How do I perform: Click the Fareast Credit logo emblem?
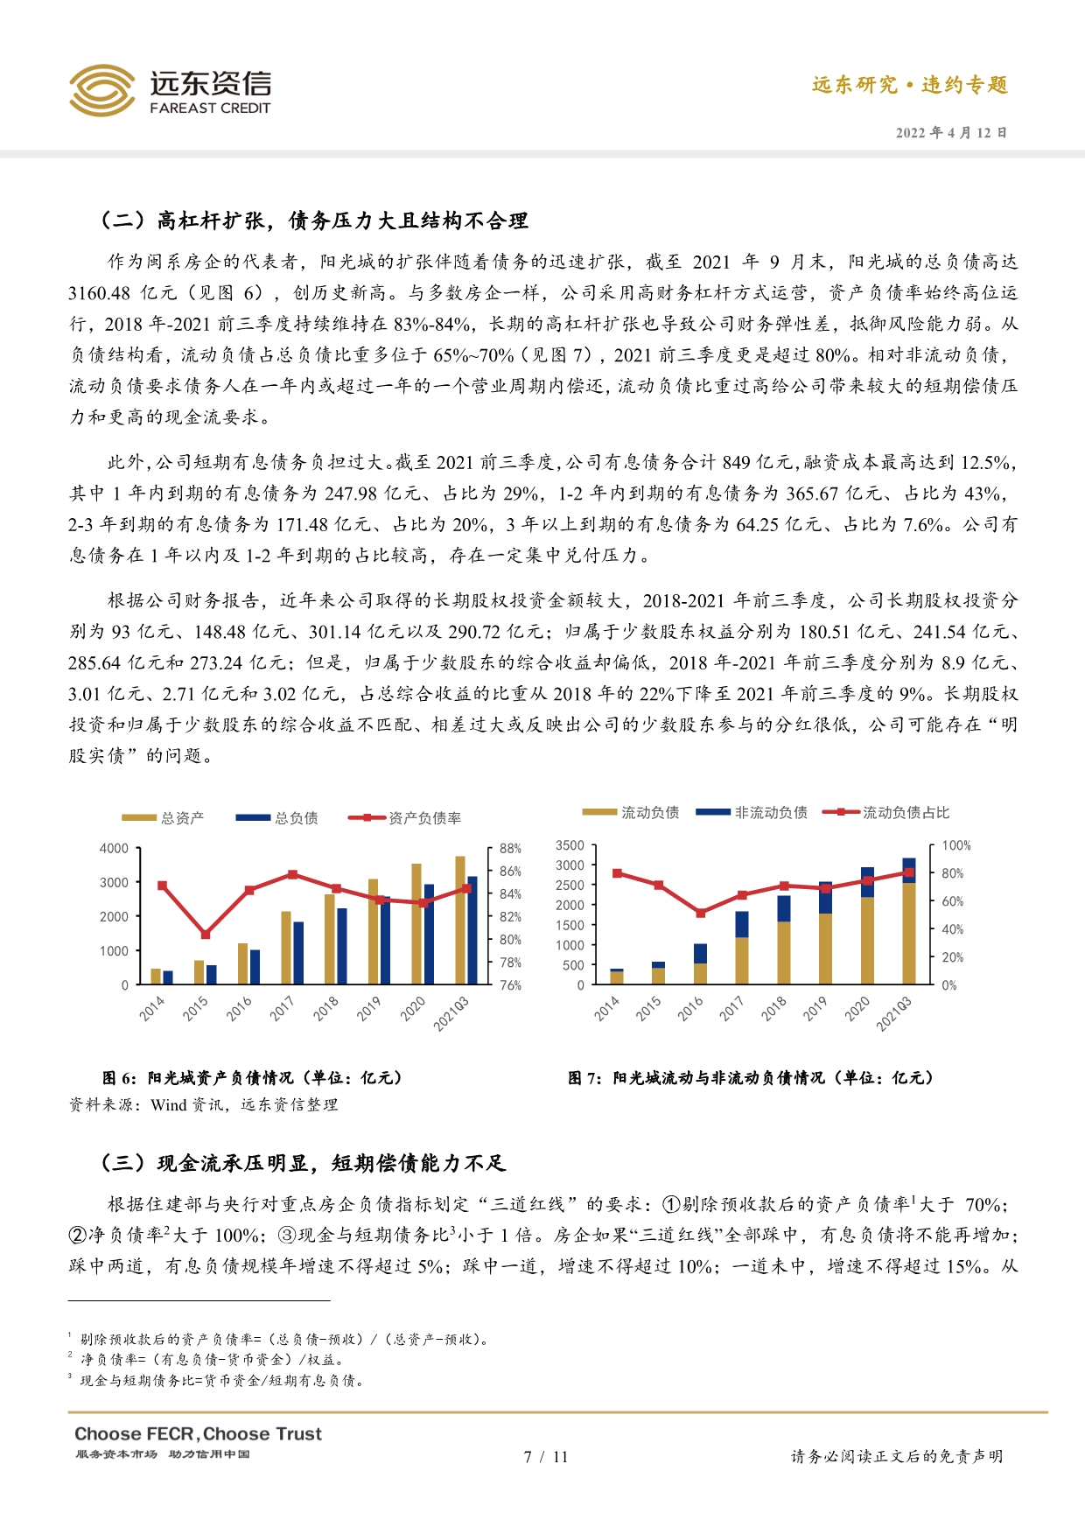tap(101, 90)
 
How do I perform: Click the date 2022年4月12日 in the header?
tap(951, 133)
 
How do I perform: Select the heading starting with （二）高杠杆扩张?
tap(315, 221)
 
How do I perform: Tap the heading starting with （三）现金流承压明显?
tap(304, 1163)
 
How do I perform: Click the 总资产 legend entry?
tap(163, 818)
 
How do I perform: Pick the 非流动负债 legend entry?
tap(752, 813)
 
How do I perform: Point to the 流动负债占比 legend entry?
tap(885, 813)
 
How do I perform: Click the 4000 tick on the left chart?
tap(114, 849)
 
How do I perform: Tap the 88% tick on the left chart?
tap(510, 849)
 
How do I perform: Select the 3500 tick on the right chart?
tap(570, 845)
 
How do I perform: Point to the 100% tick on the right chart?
tap(955, 845)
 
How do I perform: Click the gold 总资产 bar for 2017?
tap(286, 948)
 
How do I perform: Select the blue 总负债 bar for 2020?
tap(429, 935)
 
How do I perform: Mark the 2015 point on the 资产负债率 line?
tap(205, 935)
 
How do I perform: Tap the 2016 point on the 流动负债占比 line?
tap(700, 913)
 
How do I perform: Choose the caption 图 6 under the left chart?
tap(252, 1078)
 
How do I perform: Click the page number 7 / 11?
tap(545, 1457)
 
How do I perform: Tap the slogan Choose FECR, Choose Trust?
tap(198, 1434)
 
